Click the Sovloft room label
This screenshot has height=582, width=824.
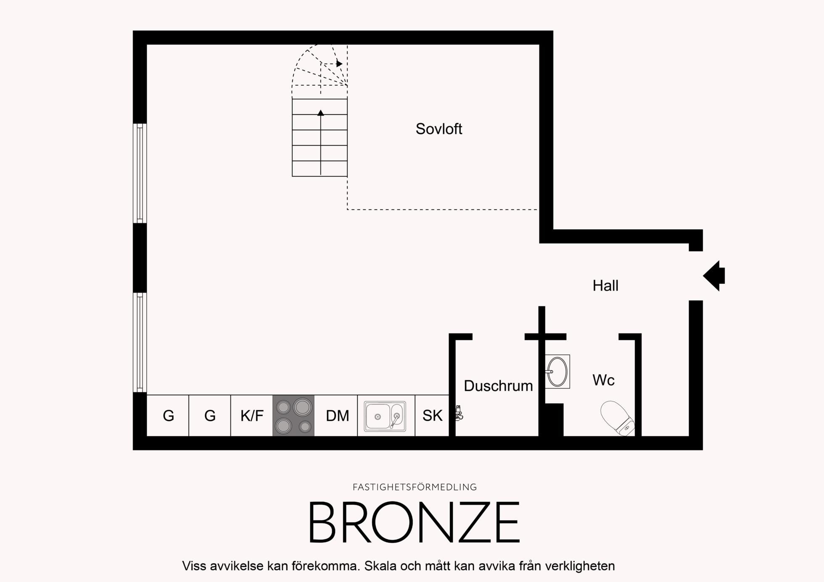[x=438, y=129]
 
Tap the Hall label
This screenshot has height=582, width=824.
[x=605, y=286]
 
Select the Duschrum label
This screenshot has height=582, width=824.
[x=498, y=385]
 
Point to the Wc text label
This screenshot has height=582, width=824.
[x=603, y=380]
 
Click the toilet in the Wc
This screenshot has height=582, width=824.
[x=617, y=418]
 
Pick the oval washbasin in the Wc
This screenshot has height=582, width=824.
[x=557, y=372]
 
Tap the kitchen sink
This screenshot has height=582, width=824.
[x=385, y=416]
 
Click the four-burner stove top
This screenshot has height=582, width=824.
[x=293, y=416]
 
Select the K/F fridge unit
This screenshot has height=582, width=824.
[x=252, y=416]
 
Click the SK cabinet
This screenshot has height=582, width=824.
[x=432, y=416]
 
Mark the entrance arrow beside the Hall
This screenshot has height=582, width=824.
[x=714, y=276]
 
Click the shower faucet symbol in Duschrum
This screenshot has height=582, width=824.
[x=459, y=413]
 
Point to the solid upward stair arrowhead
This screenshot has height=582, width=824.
[x=321, y=113]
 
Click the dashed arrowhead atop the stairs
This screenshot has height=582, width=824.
[x=339, y=64]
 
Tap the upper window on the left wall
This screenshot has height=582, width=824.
[x=140, y=173]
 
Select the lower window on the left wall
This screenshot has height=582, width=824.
[x=140, y=343]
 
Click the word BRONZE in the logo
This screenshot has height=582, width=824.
[x=415, y=522]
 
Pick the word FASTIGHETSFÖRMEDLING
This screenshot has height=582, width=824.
[x=415, y=487]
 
